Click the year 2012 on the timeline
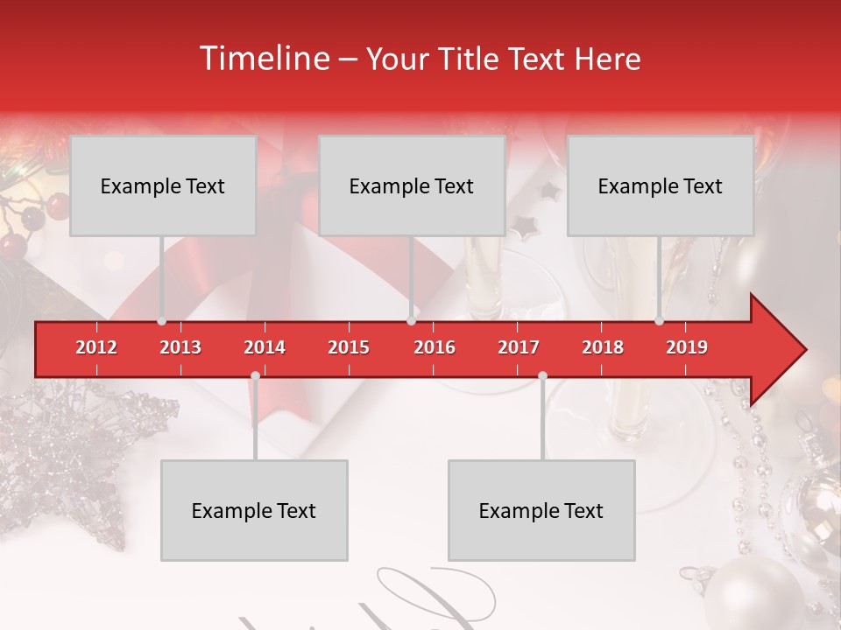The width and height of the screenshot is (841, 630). coord(96,347)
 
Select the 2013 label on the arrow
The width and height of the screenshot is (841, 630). coord(180,347)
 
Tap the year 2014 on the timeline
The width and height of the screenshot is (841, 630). coord(265,347)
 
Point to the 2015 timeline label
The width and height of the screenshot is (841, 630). coord(349,347)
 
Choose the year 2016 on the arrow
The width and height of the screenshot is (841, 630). coord(435,347)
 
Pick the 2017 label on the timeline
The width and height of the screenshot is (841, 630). coord(519,347)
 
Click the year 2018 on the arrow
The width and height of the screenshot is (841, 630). coord(603,347)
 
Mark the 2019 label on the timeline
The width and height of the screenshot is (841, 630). coord(687,347)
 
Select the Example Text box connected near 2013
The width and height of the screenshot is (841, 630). coord(163,185)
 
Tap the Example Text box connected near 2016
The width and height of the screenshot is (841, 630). coord(412,185)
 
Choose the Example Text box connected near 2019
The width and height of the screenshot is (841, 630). coord(661,185)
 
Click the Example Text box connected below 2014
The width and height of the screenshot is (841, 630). coord(254,510)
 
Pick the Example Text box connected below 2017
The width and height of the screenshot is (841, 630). coord(541,510)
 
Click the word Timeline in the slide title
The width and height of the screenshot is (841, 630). coord(264,59)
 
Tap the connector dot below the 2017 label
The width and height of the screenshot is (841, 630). coord(542,376)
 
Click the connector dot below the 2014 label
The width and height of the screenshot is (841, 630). coord(255,376)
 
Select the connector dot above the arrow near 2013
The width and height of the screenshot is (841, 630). coord(161,320)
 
